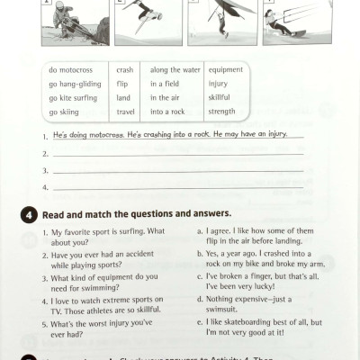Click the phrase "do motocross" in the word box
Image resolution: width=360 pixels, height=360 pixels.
71,69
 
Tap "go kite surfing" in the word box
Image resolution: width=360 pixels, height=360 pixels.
75,97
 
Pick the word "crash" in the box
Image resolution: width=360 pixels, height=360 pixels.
126,69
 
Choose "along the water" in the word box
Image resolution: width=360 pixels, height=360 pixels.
173,69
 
